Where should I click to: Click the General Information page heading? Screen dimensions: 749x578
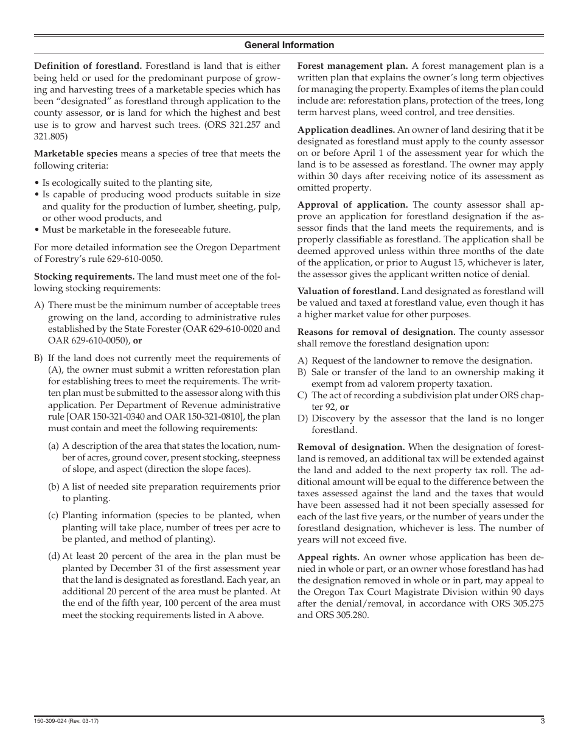289,45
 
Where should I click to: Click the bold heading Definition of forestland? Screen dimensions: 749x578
88,66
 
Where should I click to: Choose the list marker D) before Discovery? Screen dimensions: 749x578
302,418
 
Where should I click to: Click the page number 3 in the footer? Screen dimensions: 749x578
541,722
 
